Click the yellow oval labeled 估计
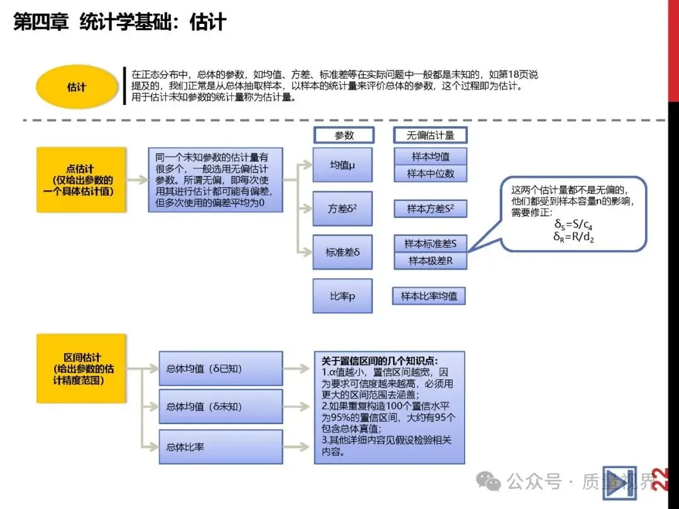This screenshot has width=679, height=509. (x=77, y=87)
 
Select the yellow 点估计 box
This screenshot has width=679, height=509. (x=81, y=180)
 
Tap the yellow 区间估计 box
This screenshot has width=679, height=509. (x=81, y=368)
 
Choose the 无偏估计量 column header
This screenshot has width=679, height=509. (x=430, y=135)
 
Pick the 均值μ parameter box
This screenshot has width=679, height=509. (x=343, y=165)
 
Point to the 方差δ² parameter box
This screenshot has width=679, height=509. (x=343, y=209)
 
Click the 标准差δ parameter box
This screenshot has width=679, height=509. (x=343, y=253)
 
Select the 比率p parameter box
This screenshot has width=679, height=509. (x=343, y=296)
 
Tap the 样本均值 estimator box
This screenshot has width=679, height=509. (x=431, y=156)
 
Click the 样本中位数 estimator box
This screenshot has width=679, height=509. (x=431, y=173)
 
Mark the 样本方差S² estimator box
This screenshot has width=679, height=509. (x=431, y=209)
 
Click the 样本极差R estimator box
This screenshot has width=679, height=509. (x=431, y=261)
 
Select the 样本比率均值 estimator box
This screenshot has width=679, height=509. (x=429, y=296)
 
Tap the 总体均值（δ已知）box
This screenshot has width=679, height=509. (x=221, y=369)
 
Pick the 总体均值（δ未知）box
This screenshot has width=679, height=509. (x=221, y=407)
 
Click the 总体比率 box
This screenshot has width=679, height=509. (x=221, y=447)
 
